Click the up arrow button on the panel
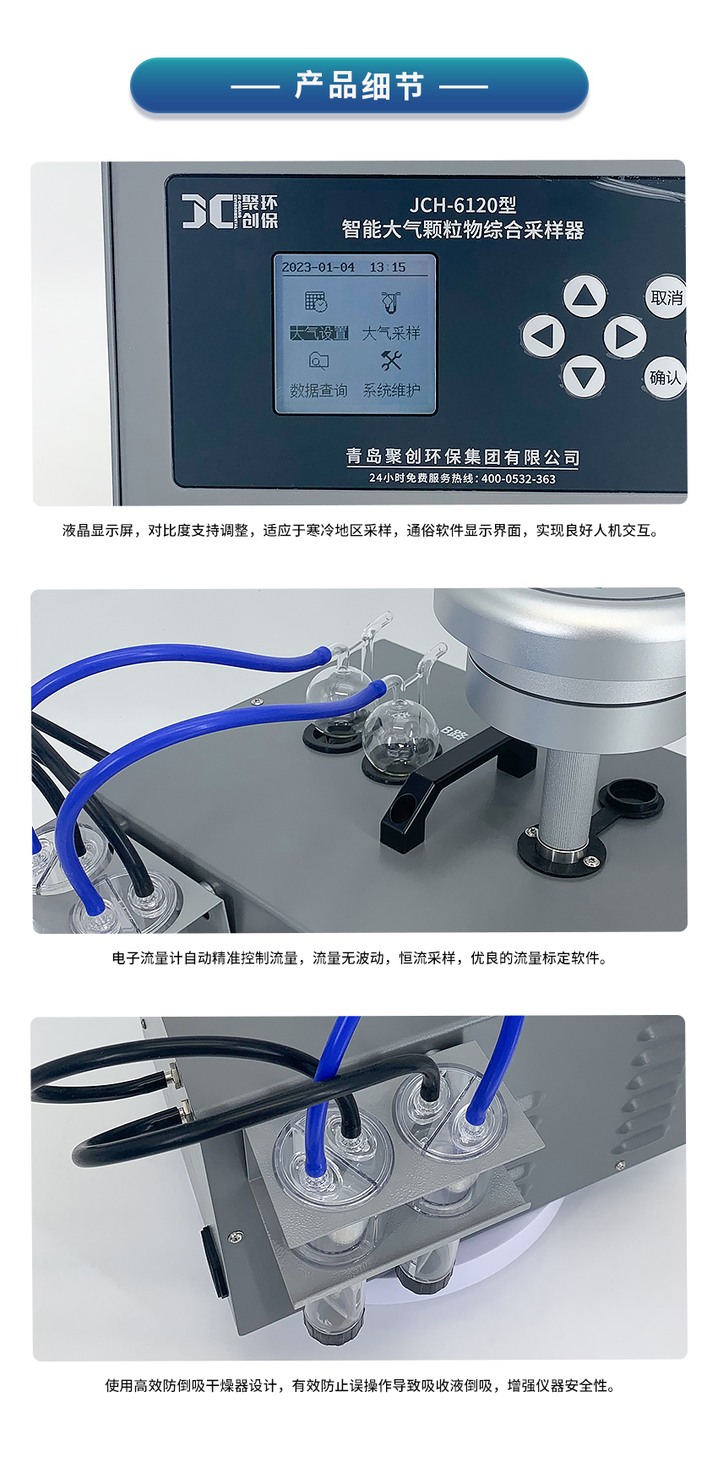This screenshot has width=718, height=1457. [585, 296]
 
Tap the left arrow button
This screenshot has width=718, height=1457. [543, 336]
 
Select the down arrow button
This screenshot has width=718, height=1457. [584, 376]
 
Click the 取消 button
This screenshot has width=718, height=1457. [666, 297]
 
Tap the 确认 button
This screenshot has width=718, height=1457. [666, 377]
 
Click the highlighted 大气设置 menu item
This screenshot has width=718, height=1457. [318, 333]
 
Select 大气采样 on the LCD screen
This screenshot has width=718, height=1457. [391, 333]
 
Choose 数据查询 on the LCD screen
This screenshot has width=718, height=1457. [318, 390]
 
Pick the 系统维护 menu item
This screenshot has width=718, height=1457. [391, 390]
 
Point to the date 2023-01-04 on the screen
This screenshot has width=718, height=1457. [318, 267]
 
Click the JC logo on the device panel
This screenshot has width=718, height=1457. [208, 210]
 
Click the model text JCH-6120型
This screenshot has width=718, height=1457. [463, 205]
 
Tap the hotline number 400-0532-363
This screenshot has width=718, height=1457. [519, 478]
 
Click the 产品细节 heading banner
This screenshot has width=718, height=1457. [359, 85]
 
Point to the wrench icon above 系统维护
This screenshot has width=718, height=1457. [390, 361]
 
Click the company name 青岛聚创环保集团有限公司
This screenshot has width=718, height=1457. [463, 457]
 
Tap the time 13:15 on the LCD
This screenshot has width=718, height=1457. [388, 267]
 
